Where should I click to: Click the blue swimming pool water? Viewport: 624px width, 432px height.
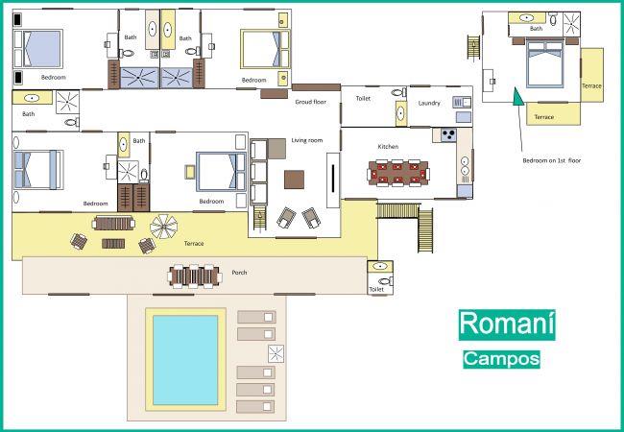pyautogui.click(x=185, y=360)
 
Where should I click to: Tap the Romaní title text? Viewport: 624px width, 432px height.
pyautogui.click(x=507, y=324)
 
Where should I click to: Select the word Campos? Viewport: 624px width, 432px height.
pyautogui.click(x=501, y=359)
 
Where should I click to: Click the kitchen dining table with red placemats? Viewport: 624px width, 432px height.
pyautogui.click(x=398, y=173)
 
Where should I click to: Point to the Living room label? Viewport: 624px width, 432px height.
pyautogui.click(x=307, y=140)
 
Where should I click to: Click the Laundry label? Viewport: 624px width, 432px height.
pyautogui.click(x=429, y=103)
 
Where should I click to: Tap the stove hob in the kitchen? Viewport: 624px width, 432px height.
pyautogui.click(x=448, y=134)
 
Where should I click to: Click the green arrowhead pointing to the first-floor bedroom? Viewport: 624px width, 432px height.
pyautogui.click(x=517, y=96)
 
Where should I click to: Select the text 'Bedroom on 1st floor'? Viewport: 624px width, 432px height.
pyautogui.click(x=551, y=160)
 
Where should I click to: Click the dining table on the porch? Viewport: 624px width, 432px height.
pyautogui.click(x=194, y=276)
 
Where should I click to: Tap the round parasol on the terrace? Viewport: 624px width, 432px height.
pyautogui.click(x=164, y=227)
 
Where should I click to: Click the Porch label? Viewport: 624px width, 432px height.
pyautogui.click(x=239, y=273)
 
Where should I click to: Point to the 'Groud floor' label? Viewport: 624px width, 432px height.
pyautogui.click(x=310, y=102)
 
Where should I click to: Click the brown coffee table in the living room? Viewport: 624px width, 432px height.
pyautogui.click(x=294, y=180)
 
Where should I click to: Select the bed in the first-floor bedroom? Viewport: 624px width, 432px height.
pyautogui.click(x=544, y=63)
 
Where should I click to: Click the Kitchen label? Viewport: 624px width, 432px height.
pyautogui.click(x=388, y=146)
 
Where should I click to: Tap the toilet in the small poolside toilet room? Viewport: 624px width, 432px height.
pyautogui.click(x=386, y=281)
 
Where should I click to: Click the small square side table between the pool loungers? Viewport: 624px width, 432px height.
pyautogui.click(x=276, y=353)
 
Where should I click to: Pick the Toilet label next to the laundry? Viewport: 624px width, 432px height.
pyautogui.click(x=363, y=98)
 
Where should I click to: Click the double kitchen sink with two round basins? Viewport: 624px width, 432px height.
pyautogui.click(x=465, y=166)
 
